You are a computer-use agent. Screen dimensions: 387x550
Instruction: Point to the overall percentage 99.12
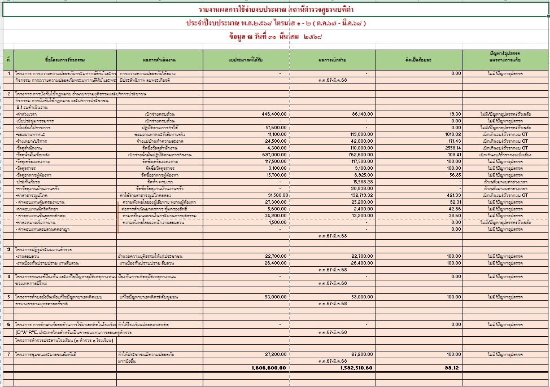tap(451, 368)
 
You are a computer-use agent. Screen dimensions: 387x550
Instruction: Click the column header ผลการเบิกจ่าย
tap(333, 59)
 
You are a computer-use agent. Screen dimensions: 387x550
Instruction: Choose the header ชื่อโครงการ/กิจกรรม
tap(64, 59)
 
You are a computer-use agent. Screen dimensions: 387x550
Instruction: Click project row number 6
tap(8, 324)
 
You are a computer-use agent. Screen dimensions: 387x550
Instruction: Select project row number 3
tap(8, 249)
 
